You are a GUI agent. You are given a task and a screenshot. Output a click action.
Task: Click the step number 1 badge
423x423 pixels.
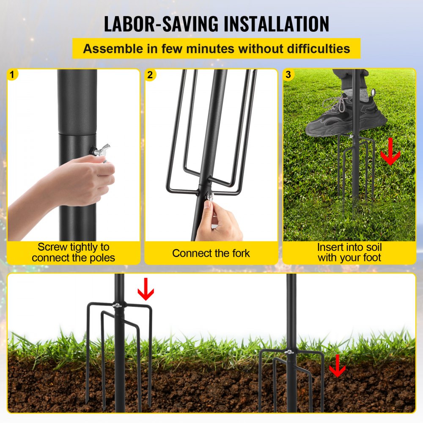[x=12, y=75]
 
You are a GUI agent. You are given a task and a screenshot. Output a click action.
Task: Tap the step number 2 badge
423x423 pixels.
[x=150, y=75]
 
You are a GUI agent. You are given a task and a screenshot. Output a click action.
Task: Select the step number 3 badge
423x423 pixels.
[x=288, y=75]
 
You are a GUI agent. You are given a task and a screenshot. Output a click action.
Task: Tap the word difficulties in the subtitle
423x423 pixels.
[x=310, y=49]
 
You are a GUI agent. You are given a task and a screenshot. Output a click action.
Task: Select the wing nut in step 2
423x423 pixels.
[x=209, y=195]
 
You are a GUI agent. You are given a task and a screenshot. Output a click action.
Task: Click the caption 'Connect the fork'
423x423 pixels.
[x=211, y=253]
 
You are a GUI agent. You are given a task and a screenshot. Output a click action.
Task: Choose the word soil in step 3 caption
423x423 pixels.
[x=371, y=247]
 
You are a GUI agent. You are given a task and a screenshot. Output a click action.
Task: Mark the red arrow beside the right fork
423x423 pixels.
[x=337, y=365]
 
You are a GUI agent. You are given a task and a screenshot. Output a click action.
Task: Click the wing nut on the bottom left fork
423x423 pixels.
[x=117, y=305]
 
